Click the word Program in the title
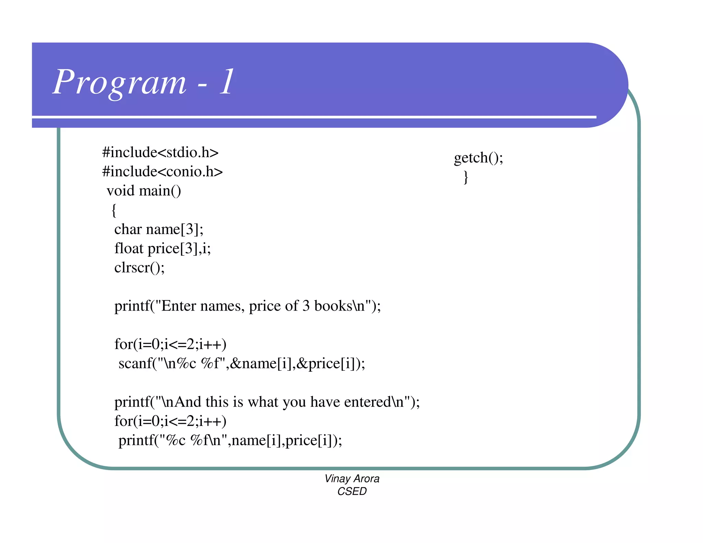pyautogui.click(x=120, y=82)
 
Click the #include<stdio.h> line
pyautogui.click(x=160, y=152)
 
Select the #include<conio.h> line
pyautogui.click(x=162, y=172)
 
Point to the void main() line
pyautogui.click(x=144, y=191)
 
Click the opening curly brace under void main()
pyautogui.click(x=114, y=210)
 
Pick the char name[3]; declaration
pyautogui.click(x=159, y=229)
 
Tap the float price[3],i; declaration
pyautogui.click(x=162, y=249)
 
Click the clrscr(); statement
pyautogui.click(x=139, y=268)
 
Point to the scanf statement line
pyautogui.click(x=242, y=363)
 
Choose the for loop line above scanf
pyautogui.click(x=170, y=344)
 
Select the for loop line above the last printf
pyautogui.click(x=170, y=421)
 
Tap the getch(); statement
pyautogui.click(x=479, y=158)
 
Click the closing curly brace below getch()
pyautogui.click(x=466, y=177)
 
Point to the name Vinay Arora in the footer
pyautogui.click(x=352, y=478)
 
